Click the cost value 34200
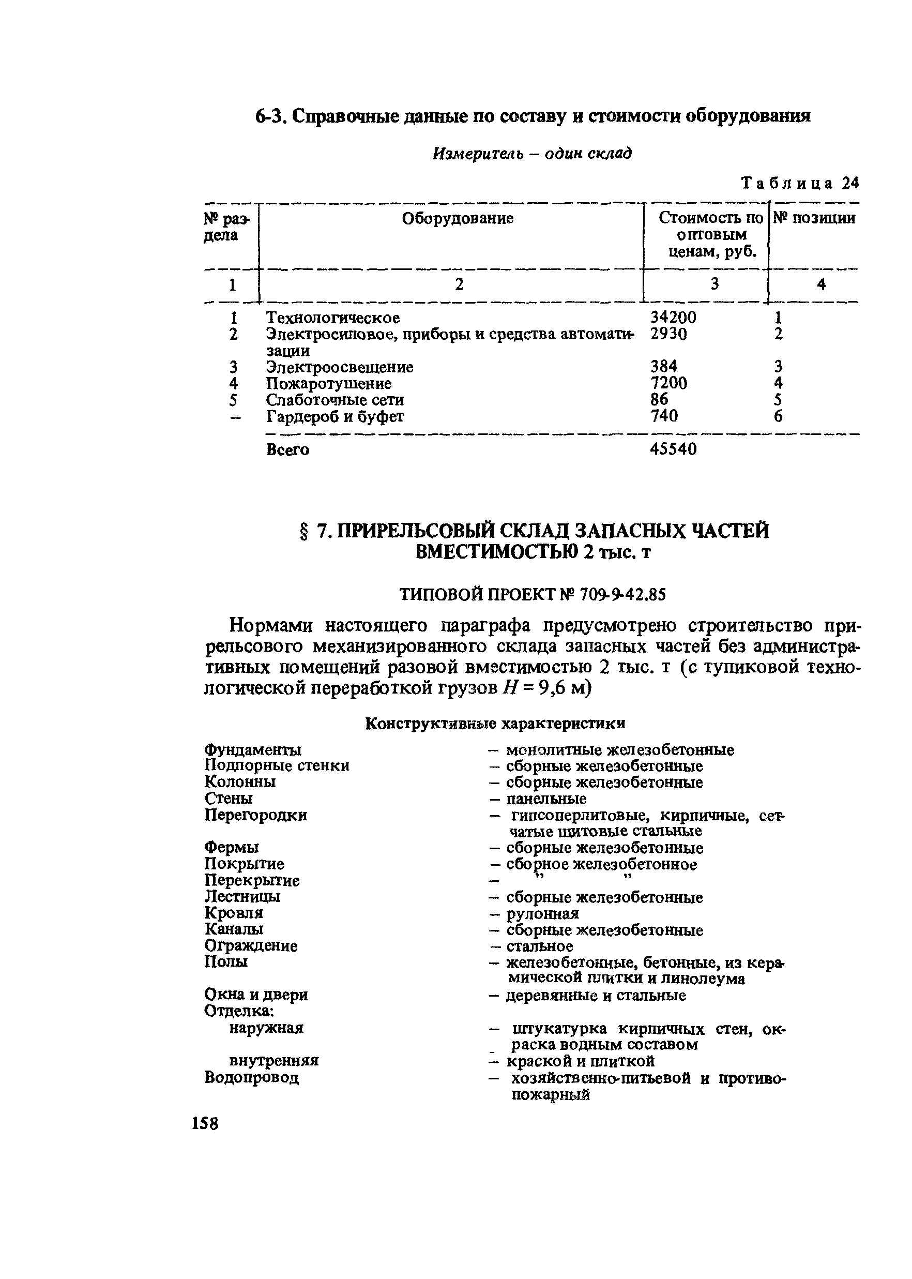point(673,318)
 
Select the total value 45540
point(673,449)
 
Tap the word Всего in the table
point(287,449)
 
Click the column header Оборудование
point(457,218)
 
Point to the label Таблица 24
point(800,183)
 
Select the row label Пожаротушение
point(328,384)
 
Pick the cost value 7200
point(668,383)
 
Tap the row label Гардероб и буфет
point(335,416)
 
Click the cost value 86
point(659,399)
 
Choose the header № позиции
point(814,218)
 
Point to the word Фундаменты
point(253,750)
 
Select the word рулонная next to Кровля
point(542,913)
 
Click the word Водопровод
point(251,1077)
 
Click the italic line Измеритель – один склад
point(531,153)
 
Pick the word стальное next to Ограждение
point(539,946)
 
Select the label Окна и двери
point(255,995)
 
